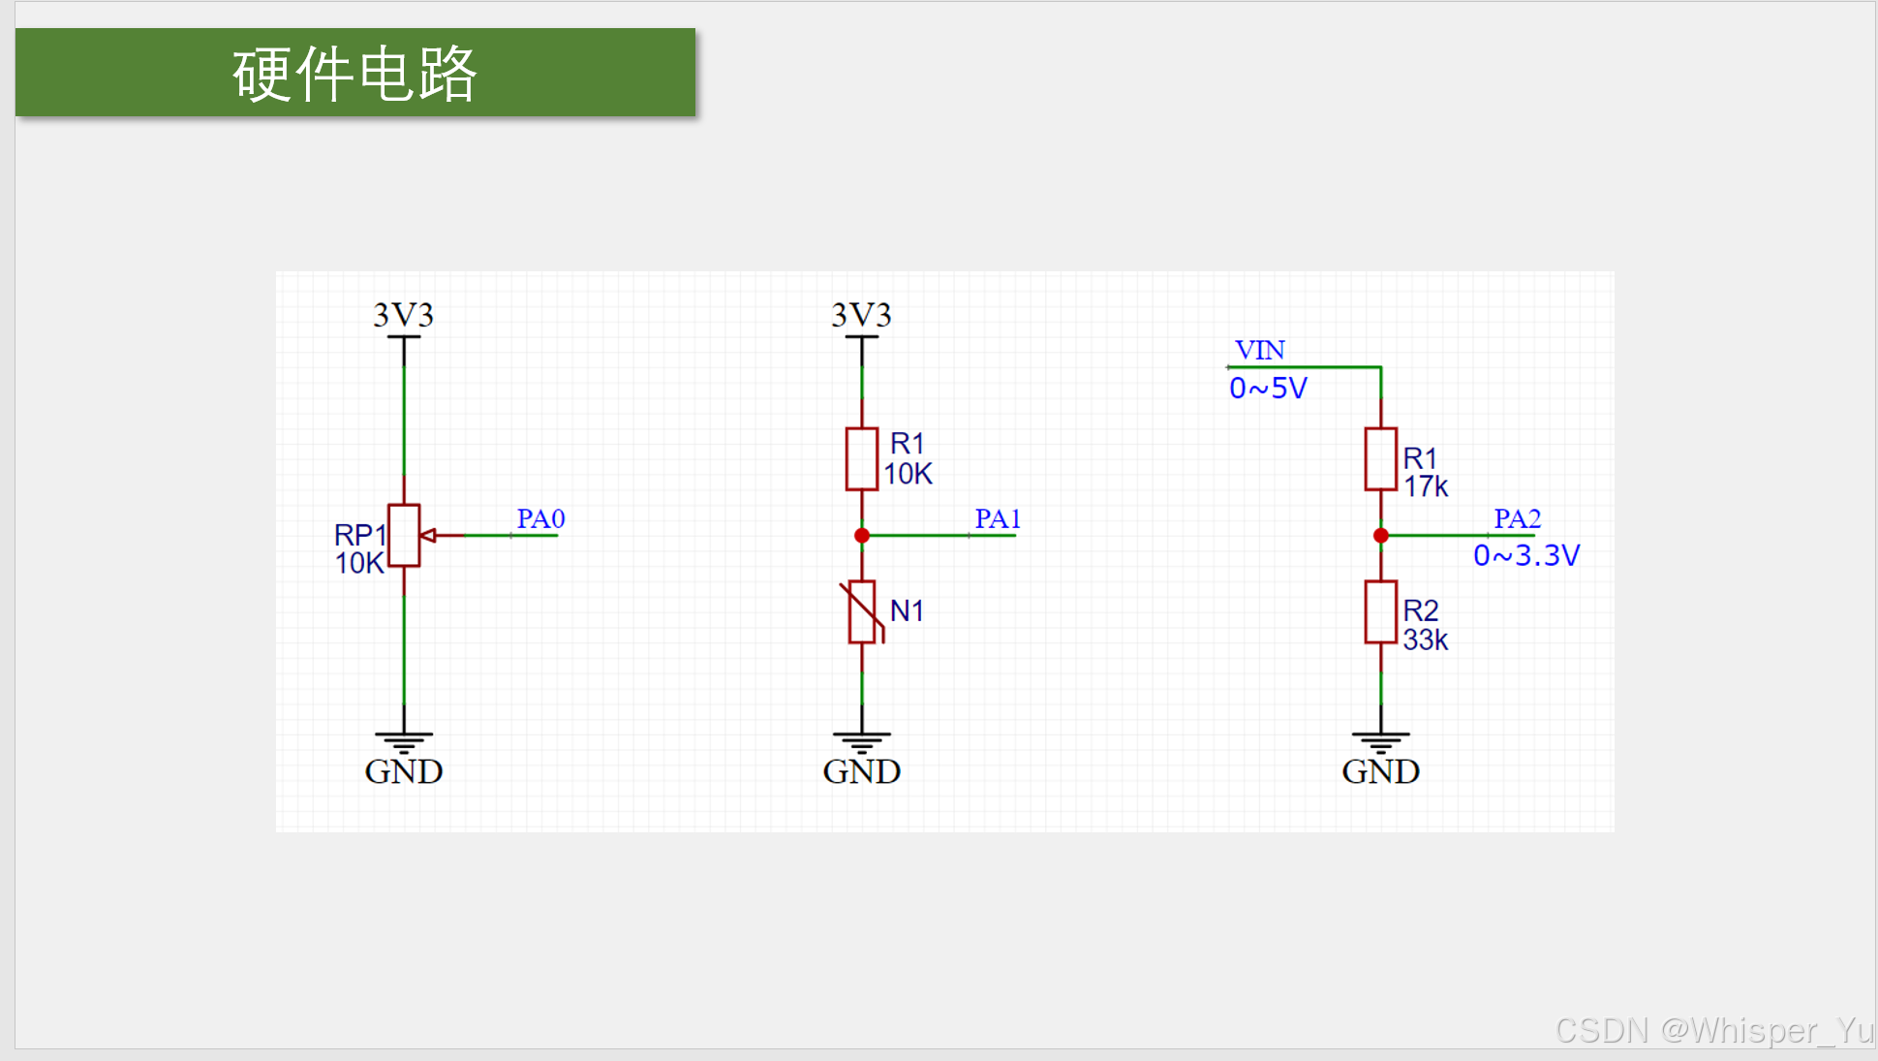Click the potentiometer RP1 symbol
coord(404,535)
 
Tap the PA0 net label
coord(540,519)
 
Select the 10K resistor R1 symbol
coord(862,458)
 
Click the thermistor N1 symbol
coord(862,611)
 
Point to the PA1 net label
coord(998,519)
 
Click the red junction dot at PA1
coord(862,536)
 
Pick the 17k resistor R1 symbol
coord(1380,458)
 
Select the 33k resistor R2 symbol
coord(1380,611)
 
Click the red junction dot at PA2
coord(1381,536)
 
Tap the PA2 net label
coord(1517,519)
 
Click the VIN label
coord(1259,350)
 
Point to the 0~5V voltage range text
coord(1268,389)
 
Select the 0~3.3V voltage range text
coord(1526,555)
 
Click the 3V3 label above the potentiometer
coord(404,315)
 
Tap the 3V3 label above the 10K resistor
coord(862,315)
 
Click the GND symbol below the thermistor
coord(862,744)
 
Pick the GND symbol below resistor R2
coord(1380,744)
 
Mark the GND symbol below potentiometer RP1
coord(404,744)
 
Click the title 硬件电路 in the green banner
coord(354,74)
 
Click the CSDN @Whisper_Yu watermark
coord(1714,1030)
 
